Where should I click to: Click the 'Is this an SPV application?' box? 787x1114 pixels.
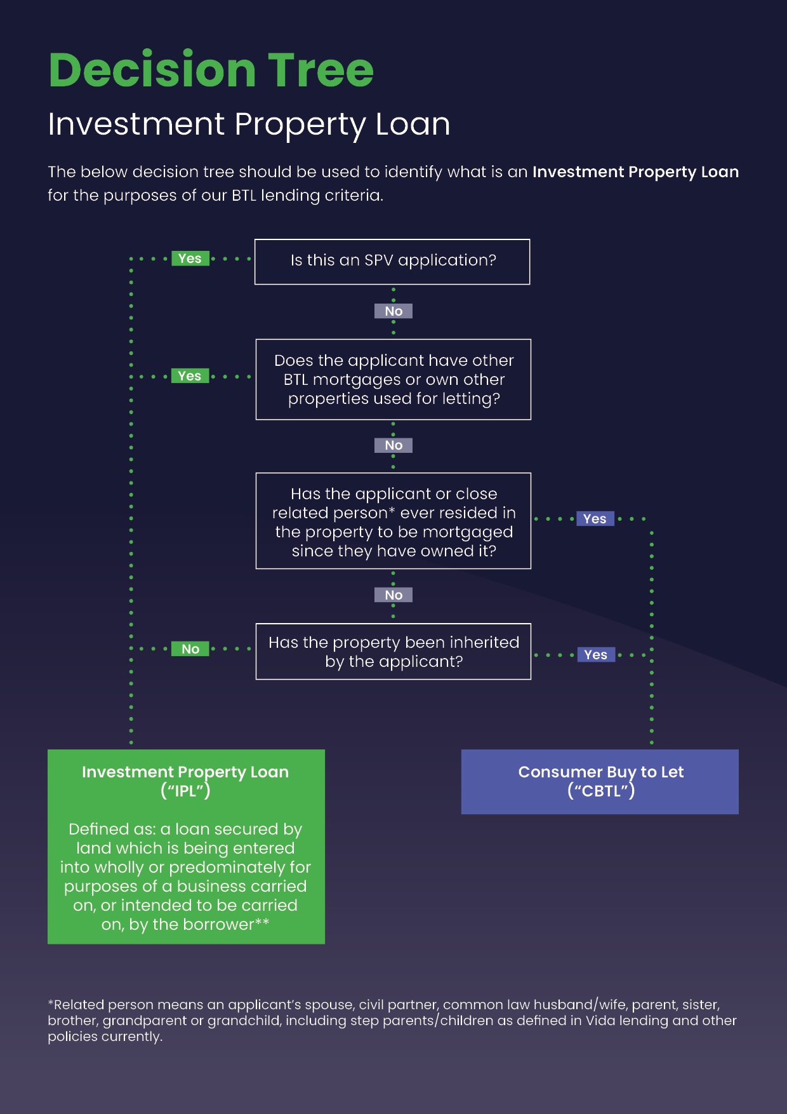(x=392, y=262)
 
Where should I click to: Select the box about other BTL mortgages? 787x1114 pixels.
(x=393, y=380)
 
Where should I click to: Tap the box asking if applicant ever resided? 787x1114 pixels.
(x=393, y=521)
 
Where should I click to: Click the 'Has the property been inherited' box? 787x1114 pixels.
(x=393, y=652)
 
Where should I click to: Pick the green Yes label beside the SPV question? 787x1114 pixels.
(x=190, y=258)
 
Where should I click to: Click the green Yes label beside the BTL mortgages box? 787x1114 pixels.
(x=190, y=376)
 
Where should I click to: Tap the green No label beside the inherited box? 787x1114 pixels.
(x=190, y=649)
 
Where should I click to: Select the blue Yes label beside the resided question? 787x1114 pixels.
(x=595, y=519)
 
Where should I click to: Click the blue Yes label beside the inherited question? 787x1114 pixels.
(x=596, y=655)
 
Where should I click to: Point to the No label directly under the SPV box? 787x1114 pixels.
(x=393, y=311)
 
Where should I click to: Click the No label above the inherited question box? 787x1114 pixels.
(x=393, y=595)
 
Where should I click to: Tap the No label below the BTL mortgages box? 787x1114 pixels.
(x=393, y=445)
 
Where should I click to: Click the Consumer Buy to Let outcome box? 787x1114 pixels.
(x=600, y=782)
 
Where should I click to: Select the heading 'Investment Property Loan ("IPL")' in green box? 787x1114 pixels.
(x=185, y=781)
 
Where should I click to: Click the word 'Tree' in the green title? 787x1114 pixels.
(x=321, y=70)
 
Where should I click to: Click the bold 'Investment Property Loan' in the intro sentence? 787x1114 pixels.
(x=635, y=172)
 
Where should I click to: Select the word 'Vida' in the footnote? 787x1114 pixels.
(x=600, y=1021)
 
